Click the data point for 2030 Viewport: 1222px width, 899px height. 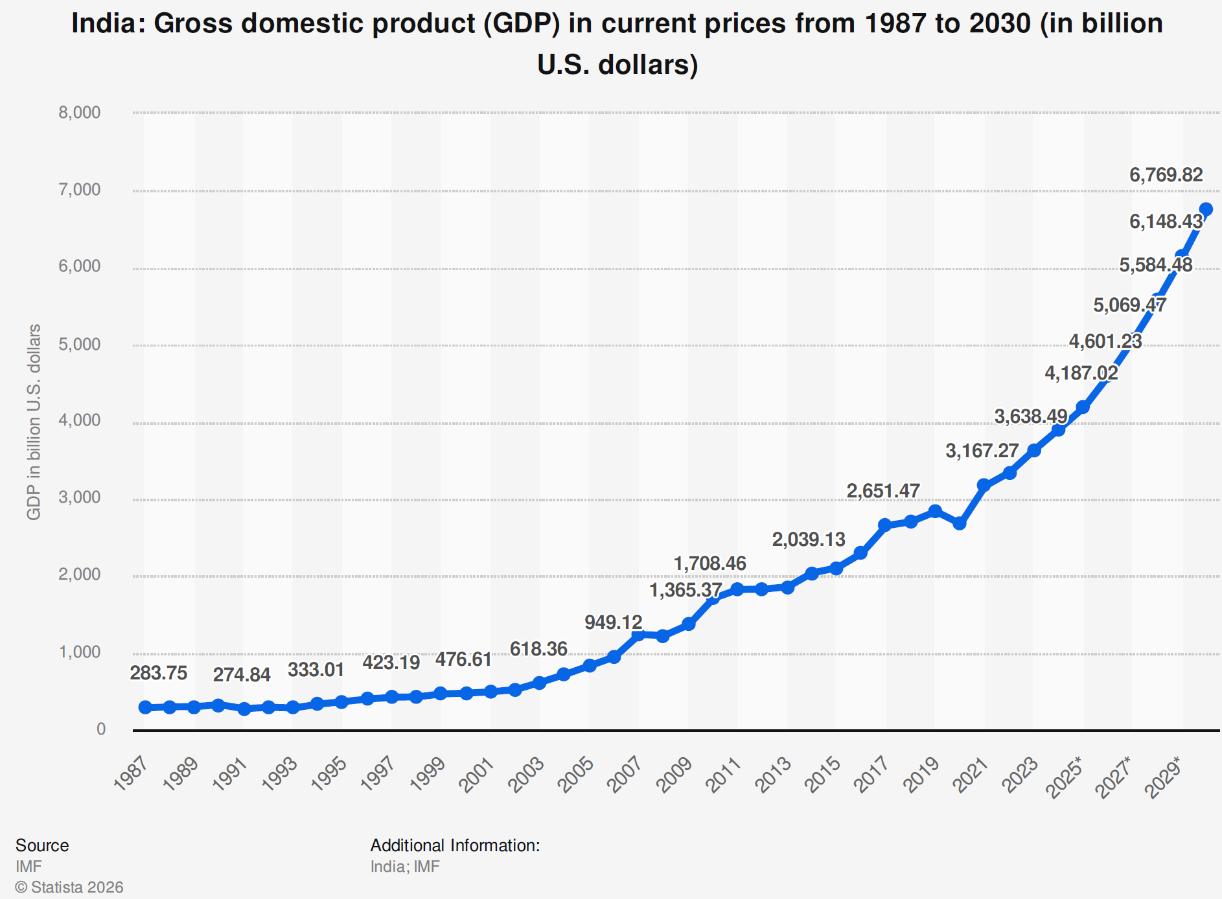1206,209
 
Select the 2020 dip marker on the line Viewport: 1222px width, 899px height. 960,523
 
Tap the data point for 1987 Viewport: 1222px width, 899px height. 145,707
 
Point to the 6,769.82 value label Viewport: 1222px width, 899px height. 1166,175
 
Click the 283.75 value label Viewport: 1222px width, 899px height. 158,673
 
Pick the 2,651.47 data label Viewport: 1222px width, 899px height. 882,491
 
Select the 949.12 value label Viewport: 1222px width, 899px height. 613,622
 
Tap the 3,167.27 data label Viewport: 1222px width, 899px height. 982,451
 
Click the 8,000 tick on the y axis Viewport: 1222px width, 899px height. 80,113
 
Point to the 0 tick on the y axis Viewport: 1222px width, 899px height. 101,729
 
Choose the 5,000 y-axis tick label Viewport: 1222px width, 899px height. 80,344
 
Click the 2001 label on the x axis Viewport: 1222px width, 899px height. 478,775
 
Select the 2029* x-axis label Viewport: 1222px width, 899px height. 1164,777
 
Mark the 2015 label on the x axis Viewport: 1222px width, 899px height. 824,775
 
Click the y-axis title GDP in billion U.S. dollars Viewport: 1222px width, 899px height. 34,422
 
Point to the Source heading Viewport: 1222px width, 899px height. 42,845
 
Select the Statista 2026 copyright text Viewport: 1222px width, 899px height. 69,887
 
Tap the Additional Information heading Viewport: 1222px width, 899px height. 455,845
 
